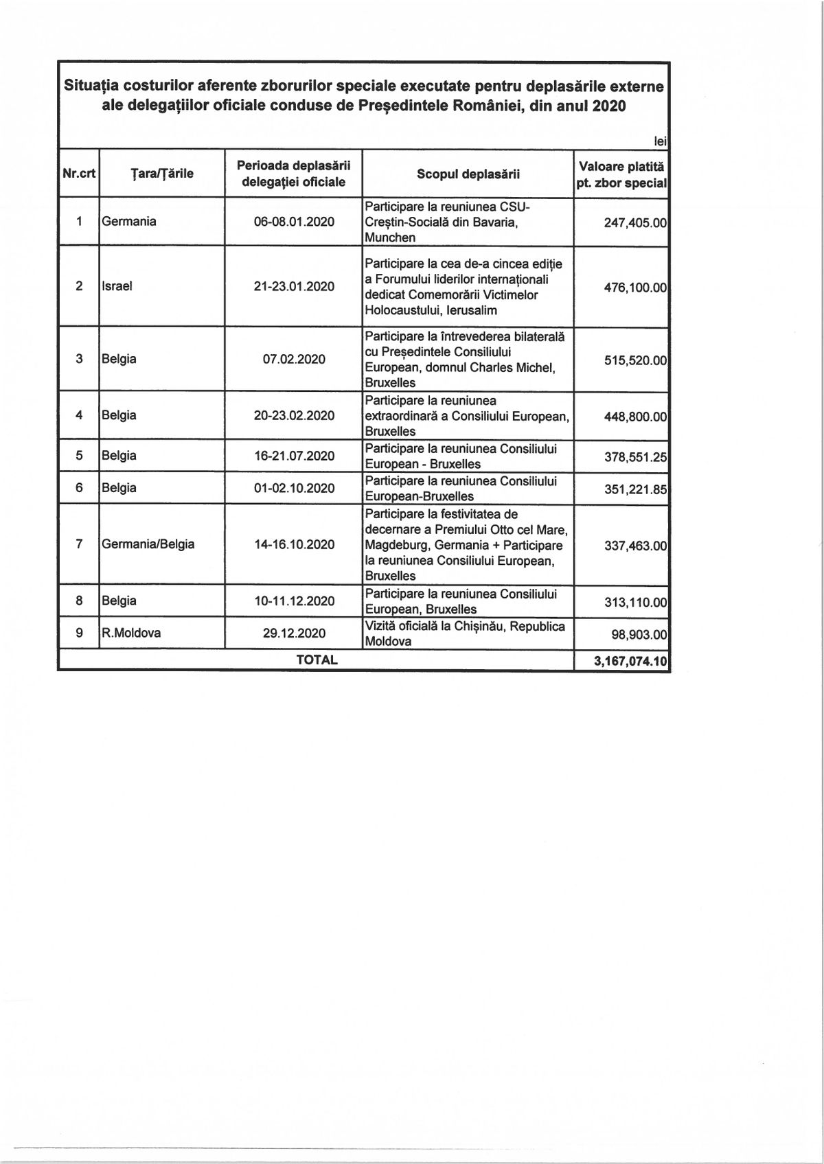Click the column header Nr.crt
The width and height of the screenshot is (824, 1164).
pos(79,174)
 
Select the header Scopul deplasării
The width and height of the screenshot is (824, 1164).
pos(468,174)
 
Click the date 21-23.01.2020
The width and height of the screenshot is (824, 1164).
pos(294,286)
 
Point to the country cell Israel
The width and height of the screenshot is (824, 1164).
pos(117,286)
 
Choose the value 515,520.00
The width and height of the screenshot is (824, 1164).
pos(635,360)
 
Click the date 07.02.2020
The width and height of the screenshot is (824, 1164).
pos(294,359)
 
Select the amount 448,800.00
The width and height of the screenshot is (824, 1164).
pos(635,417)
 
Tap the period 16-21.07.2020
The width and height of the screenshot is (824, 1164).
pos(294,456)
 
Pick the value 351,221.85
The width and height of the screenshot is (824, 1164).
pos(635,489)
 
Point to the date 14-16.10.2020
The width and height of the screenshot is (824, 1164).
pos(294,544)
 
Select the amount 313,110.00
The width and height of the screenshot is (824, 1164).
pos(635,603)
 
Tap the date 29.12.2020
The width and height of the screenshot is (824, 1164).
pos(294,633)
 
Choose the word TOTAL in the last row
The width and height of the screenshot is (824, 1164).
pos(317,660)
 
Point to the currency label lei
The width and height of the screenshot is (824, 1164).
pos(661,141)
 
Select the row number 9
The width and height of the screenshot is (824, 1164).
pos(79,633)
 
